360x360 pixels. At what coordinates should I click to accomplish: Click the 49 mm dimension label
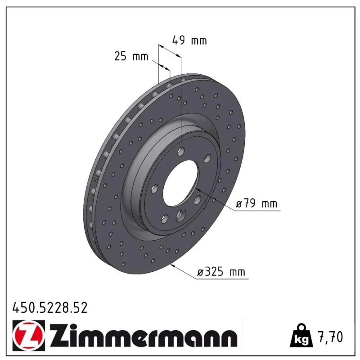pyautogui.click(x=189, y=40)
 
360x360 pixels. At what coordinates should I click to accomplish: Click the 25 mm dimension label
pyautogui.click(x=131, y=57)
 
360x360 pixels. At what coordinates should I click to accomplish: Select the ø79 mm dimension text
pyautogui.click(x=256, y=204)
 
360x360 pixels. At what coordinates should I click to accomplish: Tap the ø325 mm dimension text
pyautogui.click(x=221, y=272)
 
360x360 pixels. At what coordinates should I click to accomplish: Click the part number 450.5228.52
pyautogui.click(x=50, y=308)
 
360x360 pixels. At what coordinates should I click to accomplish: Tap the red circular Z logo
pyautogui.click(x=29, y=335)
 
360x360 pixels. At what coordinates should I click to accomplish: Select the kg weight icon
pyautogui.click(x=301, y=336)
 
